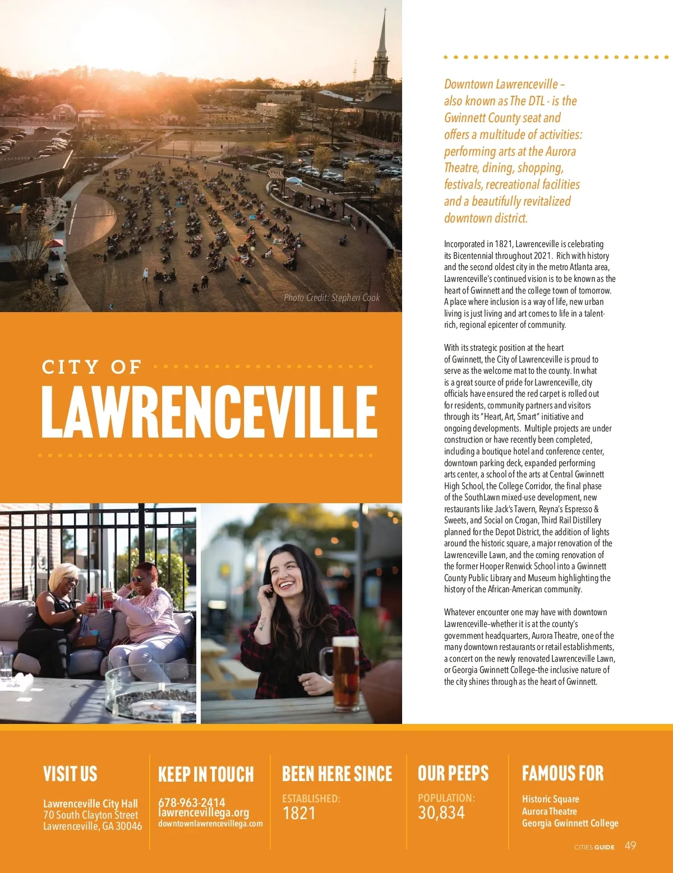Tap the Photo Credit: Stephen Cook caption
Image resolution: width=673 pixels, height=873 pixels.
(331, 298)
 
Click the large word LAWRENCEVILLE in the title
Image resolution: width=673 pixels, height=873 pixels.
(209, 412)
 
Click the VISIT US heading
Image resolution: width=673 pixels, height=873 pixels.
(70, 774)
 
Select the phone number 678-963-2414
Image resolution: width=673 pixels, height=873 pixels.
(191, 802)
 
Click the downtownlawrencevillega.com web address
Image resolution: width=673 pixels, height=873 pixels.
(210, 824)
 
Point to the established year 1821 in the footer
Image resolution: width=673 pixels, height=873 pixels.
(299, 813)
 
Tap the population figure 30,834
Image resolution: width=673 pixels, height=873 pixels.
(441, 812)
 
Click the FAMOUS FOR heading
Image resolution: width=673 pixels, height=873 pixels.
(563, 773)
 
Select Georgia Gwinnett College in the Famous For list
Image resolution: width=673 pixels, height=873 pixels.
(570, 823)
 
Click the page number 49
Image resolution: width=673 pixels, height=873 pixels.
(630, 846)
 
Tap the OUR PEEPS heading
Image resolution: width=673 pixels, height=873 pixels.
(453, 773)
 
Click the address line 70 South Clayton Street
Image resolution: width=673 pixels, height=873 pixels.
(90, 815)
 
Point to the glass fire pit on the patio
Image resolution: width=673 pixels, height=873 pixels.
(150, 693)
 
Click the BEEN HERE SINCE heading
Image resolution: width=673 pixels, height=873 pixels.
(337, 774)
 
